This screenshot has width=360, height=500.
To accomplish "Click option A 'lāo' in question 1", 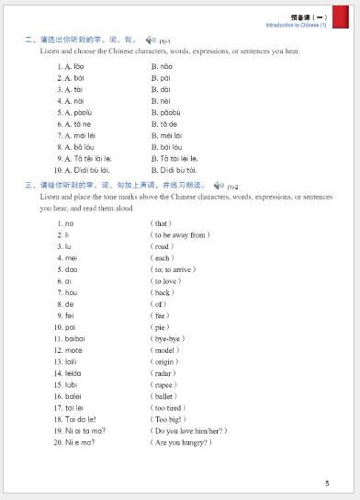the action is [73, 66].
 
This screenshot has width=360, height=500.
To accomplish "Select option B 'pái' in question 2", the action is [162, 78].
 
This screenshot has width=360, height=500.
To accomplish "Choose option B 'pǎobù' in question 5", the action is [166, 112].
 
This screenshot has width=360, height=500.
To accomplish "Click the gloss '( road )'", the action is [163, 246].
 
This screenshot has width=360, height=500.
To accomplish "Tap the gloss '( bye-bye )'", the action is [169, 338].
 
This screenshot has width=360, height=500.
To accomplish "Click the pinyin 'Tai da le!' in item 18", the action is [75, 419].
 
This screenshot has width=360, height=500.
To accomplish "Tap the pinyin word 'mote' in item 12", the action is [74, 350].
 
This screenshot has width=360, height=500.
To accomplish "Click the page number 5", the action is [327, 483].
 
